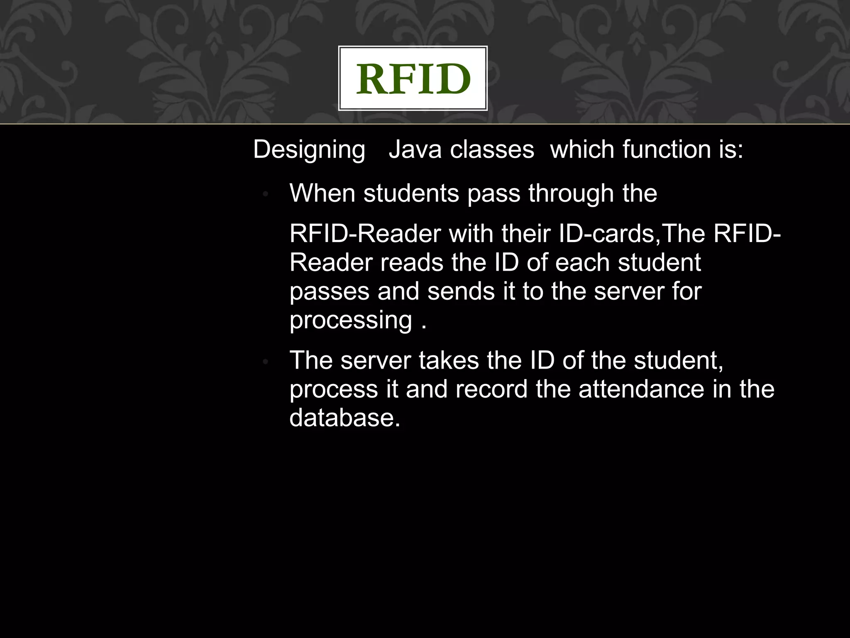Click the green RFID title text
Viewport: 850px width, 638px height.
click(x=413, y=79)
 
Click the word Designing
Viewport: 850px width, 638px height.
click(x=309, y=149)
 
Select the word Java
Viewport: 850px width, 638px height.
click(x=415, y=149)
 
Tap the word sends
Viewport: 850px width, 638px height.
click(x=461, y=291)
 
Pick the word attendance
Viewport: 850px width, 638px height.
click(x=641, y=389)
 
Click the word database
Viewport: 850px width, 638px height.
click(x=344, y=418)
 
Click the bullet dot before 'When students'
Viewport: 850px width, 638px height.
click(x=266, y=194)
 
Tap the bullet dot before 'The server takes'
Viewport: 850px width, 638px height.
click(x=266, y=362)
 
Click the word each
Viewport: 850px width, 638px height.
click(x=582, y=263)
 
